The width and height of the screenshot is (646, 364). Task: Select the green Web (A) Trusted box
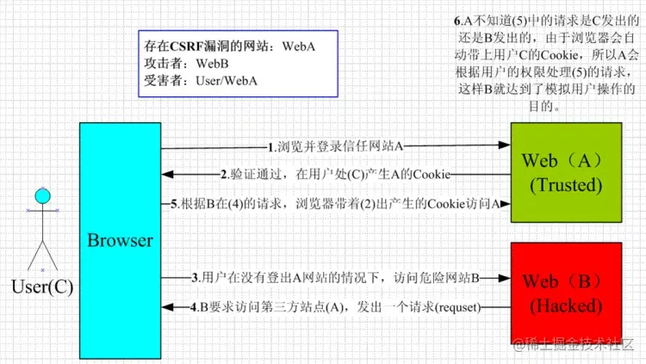point(566,173)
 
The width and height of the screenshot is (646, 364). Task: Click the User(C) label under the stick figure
point(42,287)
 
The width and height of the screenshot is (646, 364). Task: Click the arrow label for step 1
point(335,147)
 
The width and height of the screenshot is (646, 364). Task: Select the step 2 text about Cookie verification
point(335,175)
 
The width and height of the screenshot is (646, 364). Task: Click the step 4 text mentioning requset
point(335,306)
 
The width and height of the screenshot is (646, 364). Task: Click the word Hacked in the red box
point(566,305)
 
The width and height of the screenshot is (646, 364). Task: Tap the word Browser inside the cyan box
point(120,240)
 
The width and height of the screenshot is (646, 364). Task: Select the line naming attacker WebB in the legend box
point(182,64)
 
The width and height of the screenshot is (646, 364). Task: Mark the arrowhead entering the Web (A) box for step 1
point(506,147)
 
